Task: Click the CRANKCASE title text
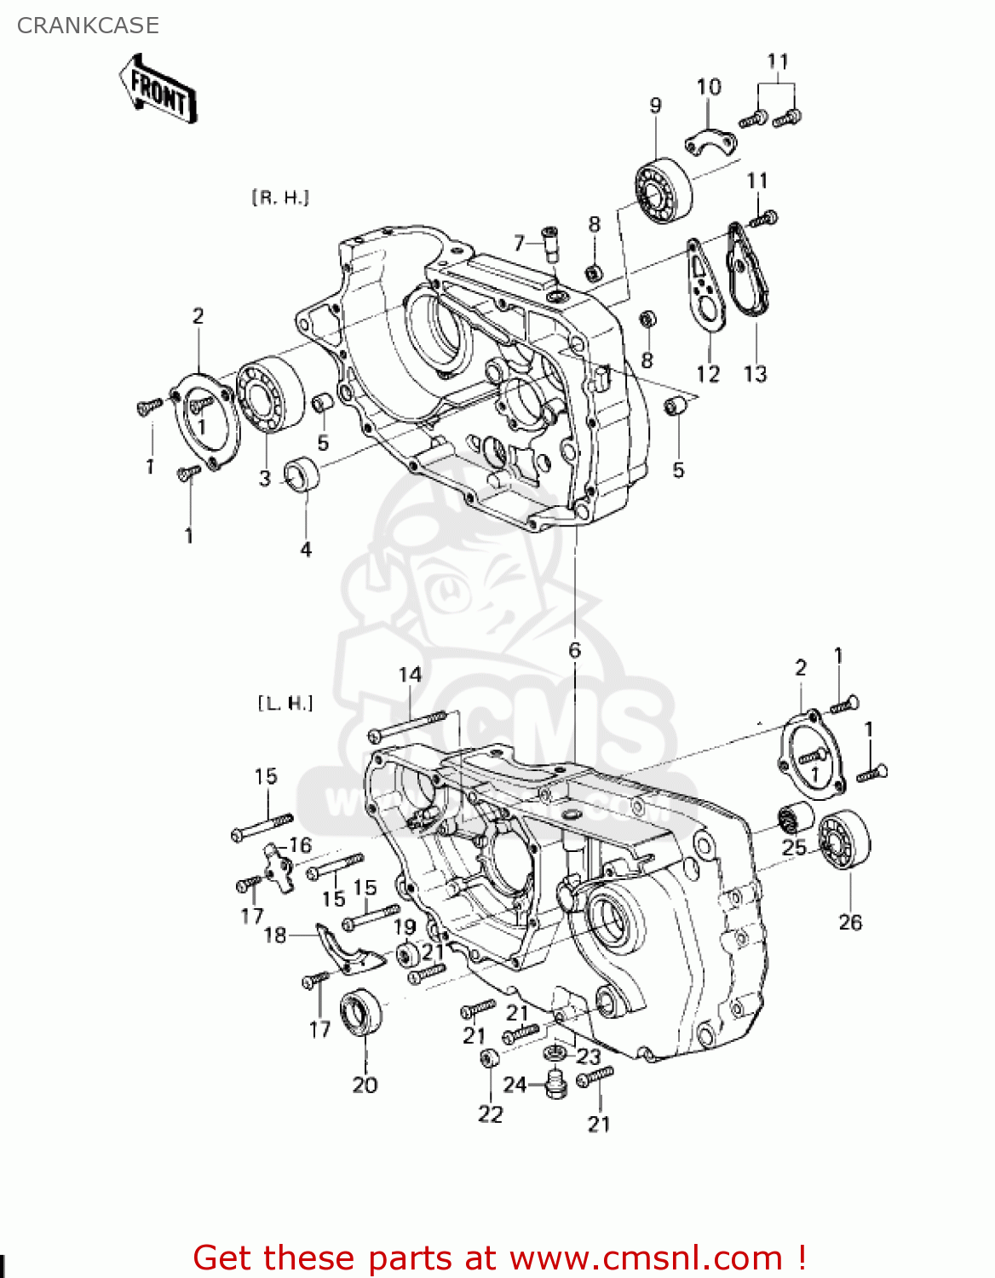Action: click(x=88, y=26)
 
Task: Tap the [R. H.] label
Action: click(x=280, y=198)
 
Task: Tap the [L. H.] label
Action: click(x=285, y=703)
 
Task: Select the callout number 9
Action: click(x=655, y=106)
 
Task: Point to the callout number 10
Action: click(x=709, y=87)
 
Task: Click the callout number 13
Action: click(x=756, y=373)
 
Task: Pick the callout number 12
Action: click(x=708, y=373)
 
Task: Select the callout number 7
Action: click(x=519, y=243)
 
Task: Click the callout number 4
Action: click(x=306, y=550)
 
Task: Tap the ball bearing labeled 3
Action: click(x=270, y=394)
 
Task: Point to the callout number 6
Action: click(x=575, y=650)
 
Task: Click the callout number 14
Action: click(x=410, y=675)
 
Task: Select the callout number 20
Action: click(x=365, y=1085)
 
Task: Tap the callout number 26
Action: click(x=850, y=922)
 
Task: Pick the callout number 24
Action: click(x=515, y=1085)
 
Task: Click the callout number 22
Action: click(x=491, y=1114)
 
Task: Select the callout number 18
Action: click(x=275, y=935)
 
